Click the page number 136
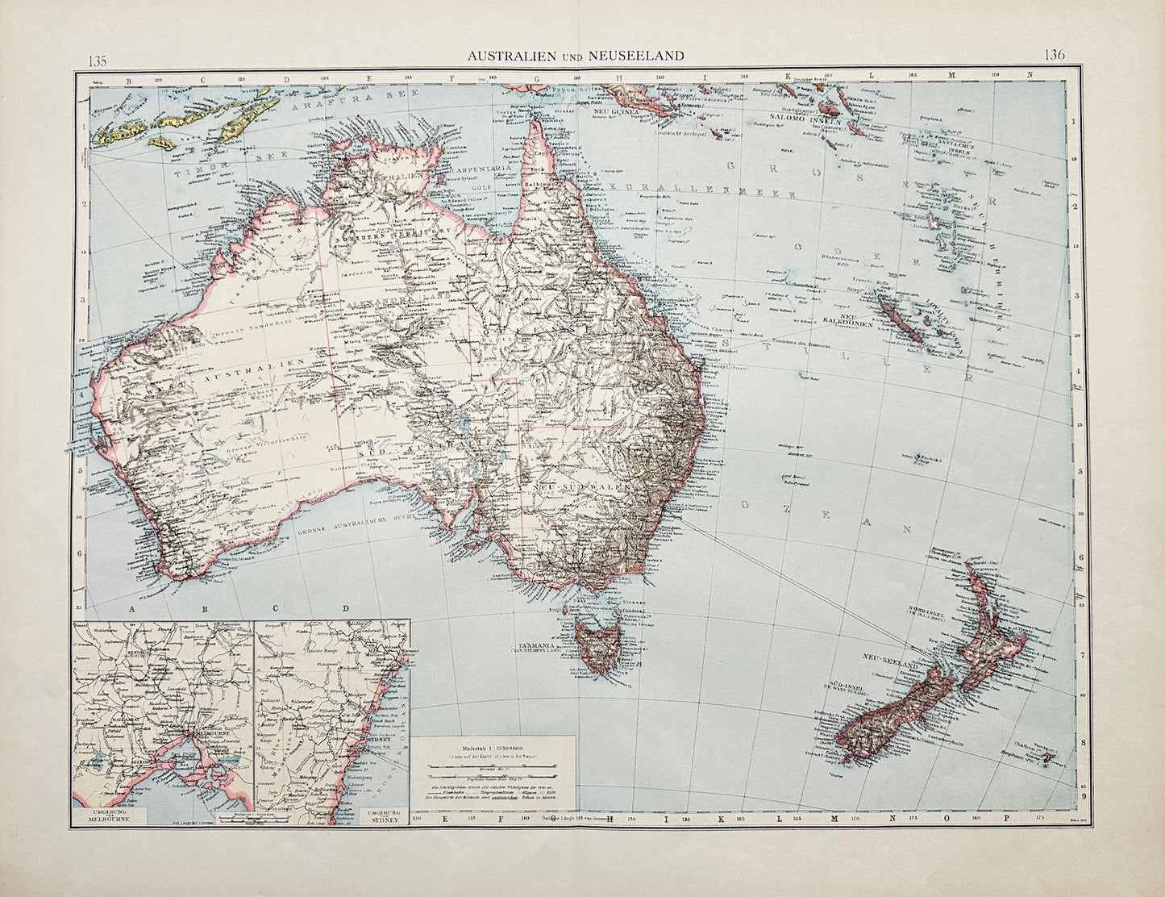[1054, 56]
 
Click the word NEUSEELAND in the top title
[640, 55]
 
